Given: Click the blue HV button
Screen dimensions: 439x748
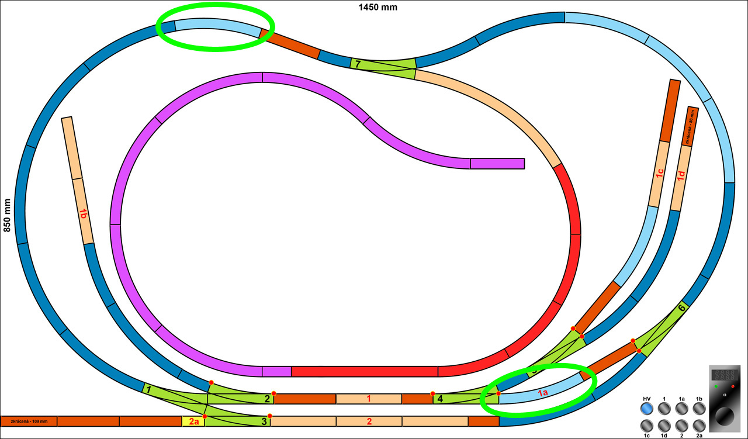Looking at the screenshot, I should pyautogui.click(x=646, y=409).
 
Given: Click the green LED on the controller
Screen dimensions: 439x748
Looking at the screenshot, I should pyautogui.click(x=715, y=387).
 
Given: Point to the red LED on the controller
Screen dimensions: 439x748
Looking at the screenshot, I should pyautogui.click(x=733, y=387).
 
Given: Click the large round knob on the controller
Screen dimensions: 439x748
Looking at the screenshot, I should pyautogui.click(x=725, y=416).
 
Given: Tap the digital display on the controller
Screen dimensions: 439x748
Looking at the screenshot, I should pyautogui.click(x=724, y=375).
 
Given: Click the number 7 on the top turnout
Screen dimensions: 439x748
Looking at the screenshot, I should pyautogui.click(x=358, y=64).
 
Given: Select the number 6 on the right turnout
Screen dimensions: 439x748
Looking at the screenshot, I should pyautogui.click(x=681, y=307).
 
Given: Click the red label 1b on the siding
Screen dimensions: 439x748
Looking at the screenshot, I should pyautogui.click(x=83, y=214).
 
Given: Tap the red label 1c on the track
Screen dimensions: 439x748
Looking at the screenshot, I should pyautogui.click(x=659, y=173).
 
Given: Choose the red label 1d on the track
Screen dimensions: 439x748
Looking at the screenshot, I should pyautogui.click(x=681, y=176).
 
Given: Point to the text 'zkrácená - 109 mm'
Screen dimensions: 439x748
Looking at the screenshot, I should pyautogui.click(x=29, y=421).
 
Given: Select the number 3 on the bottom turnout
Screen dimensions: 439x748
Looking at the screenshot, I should pyautogui.click(x=264, y=421).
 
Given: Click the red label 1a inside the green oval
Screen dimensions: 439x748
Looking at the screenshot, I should pyautogui.click(x=542, y=393).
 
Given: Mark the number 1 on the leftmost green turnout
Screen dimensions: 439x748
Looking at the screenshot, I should pyautogui.click(x=148, y=389).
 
